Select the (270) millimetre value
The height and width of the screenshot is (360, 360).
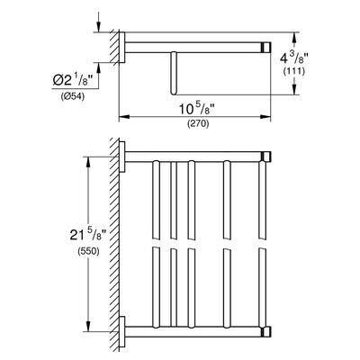[198, 124]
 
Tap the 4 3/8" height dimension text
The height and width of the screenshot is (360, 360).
[292, 58]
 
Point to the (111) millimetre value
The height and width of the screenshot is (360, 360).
[294, 71]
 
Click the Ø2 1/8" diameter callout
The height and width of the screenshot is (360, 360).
[72, 81]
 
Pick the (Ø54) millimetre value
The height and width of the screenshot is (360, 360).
[72, 96]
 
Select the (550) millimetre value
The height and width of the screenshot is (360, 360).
[88, 251]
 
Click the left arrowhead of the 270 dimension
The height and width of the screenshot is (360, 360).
[124, 117]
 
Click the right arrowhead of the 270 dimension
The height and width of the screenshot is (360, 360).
[265, 117]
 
